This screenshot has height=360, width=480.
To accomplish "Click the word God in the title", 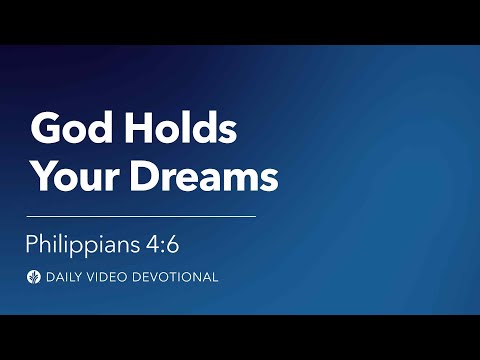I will (67, 130).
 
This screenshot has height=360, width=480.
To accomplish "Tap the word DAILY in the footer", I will (66, 276).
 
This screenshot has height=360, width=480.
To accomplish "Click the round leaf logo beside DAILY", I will (34, 276).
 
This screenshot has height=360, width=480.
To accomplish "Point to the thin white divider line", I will (141, 215).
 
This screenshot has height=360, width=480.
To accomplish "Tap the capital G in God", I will (45, 130).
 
